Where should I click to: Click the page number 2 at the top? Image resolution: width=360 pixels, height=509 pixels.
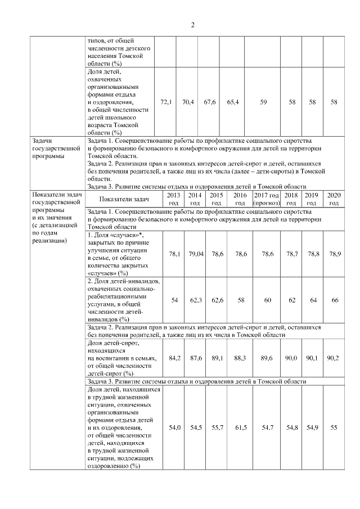(192, 25)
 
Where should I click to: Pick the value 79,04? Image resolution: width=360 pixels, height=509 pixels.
(195, 254)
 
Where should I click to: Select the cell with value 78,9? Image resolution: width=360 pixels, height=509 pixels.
(334, 254)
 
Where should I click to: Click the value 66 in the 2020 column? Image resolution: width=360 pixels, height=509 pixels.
(334, 300)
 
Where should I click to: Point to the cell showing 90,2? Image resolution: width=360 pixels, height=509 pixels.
(334, 358)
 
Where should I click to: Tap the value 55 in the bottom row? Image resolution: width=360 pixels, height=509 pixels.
(334, 428)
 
